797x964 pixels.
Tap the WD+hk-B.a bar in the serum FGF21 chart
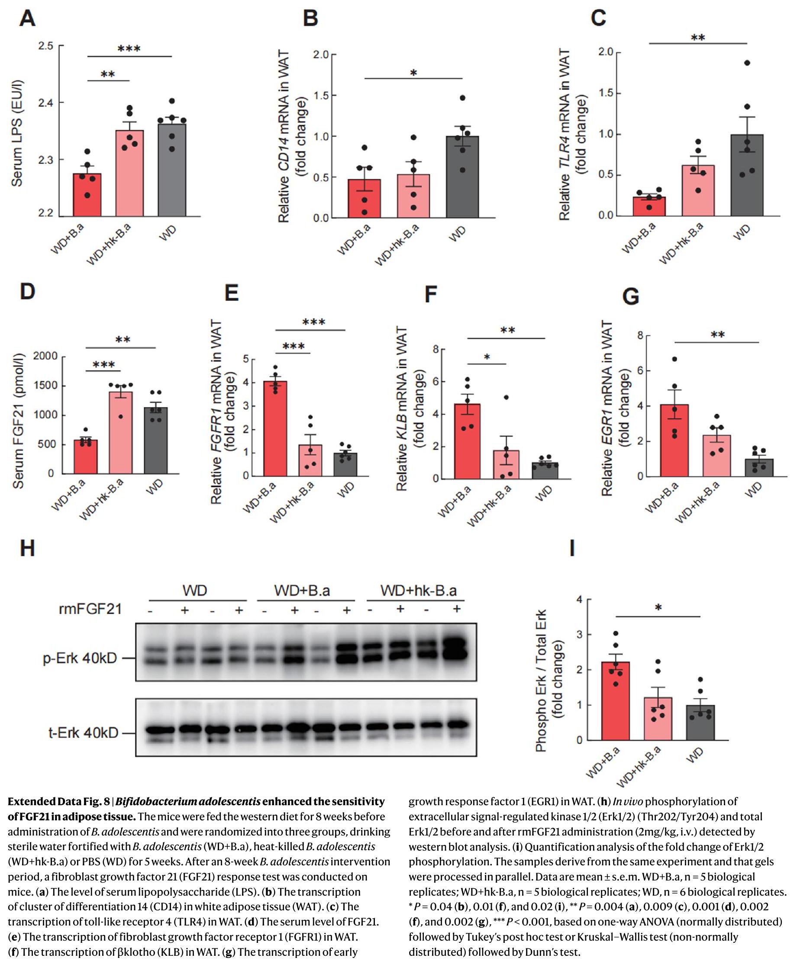121,432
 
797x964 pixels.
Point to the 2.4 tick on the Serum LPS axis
46,103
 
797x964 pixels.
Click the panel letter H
27,548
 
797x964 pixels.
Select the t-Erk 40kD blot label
83,733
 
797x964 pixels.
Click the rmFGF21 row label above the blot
90,609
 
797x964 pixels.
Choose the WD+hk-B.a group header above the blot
418,591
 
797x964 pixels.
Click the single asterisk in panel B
413,73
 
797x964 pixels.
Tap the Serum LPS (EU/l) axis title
17,134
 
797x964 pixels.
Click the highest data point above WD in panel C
747,63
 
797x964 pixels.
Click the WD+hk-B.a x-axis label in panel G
697,502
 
